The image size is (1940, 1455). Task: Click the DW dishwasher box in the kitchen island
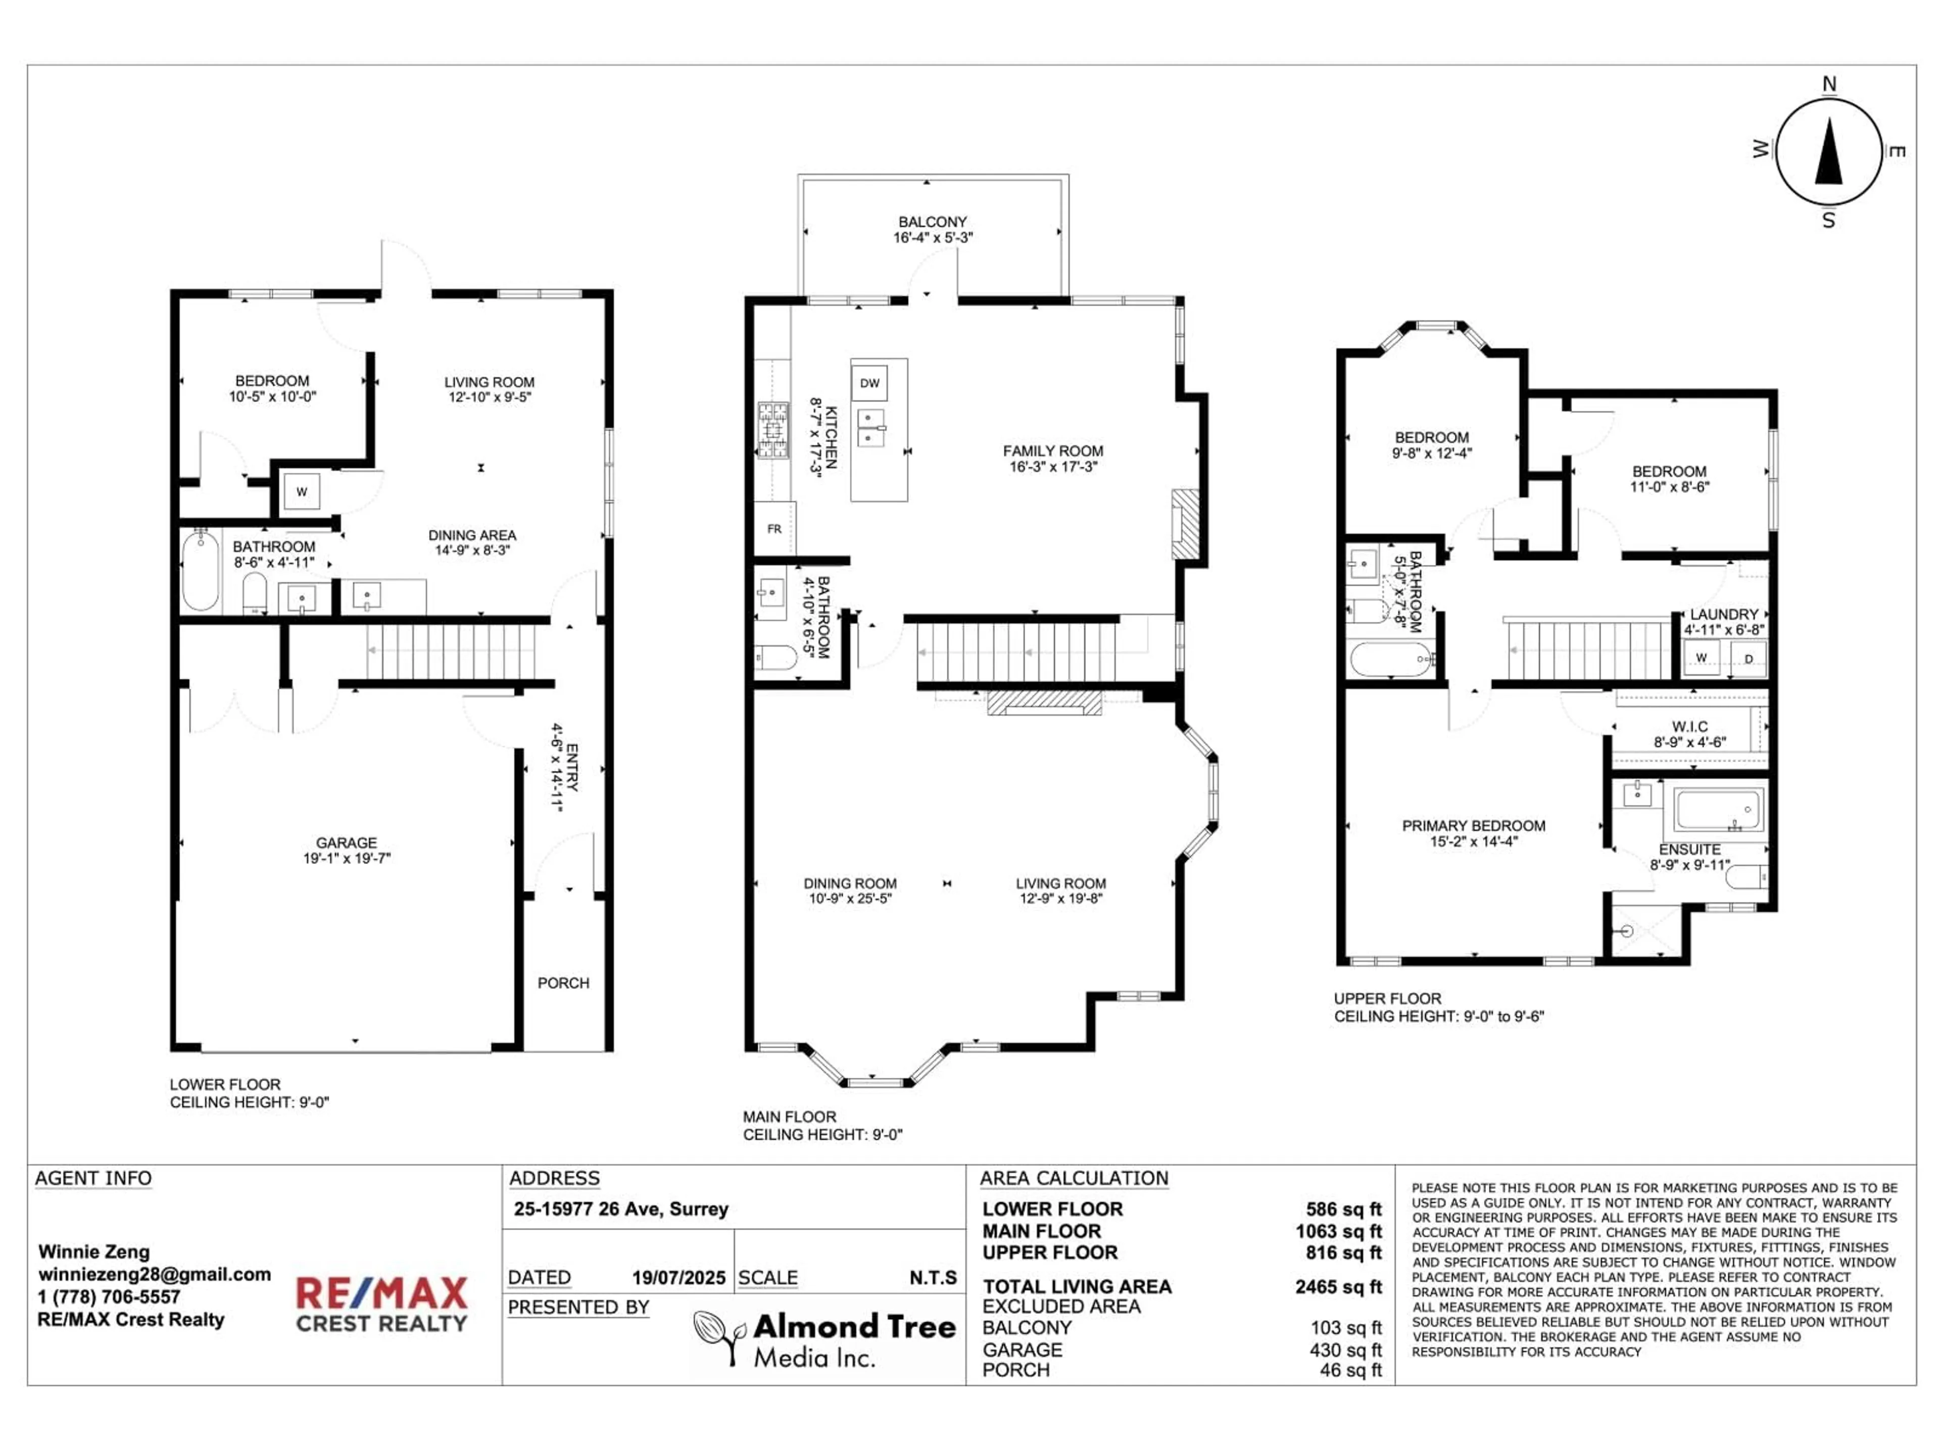click(869, 383)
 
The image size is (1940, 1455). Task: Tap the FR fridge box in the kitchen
click(774, 529)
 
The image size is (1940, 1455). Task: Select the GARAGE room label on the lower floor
click(347, 843)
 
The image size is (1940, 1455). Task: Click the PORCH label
click(563, 983)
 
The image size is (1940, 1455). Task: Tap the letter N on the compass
click(1829, 84)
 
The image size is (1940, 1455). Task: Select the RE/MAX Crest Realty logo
click(381, 1304)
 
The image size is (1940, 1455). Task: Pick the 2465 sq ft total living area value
click(1337, 1287)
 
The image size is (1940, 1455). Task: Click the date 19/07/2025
click(679, 1278)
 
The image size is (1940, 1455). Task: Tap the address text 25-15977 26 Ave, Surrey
click(621, 1209)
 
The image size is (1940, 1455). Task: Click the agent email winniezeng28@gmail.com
click(155, 1274)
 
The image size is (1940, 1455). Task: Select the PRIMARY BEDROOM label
click(1473, 826)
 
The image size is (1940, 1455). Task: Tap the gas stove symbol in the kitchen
click(772, 430)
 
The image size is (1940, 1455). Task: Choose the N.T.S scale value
click(933, 1278)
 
